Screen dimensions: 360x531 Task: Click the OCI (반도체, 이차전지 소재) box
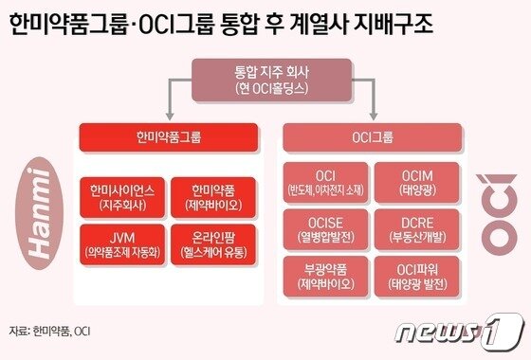tap(325, 183)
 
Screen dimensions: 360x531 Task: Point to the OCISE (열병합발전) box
tap(325, 228)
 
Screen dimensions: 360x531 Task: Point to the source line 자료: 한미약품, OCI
tap(56, 332)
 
